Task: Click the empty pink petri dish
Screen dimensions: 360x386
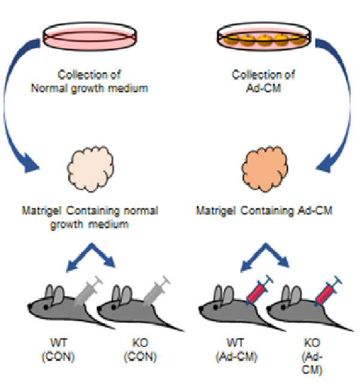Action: tap(90, 37)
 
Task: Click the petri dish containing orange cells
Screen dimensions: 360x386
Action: tap(264, 37)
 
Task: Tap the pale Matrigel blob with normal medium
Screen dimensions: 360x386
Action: tap(90, 169)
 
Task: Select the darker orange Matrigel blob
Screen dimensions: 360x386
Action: tap(265, 169)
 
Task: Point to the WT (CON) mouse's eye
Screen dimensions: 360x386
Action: tap(46, 307)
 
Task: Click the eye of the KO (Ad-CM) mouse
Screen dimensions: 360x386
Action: tap(283, 307)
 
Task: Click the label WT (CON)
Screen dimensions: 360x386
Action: tap(58, 350)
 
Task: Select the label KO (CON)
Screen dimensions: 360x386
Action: tap(140, 350)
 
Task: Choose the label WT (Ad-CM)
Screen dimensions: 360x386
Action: tap(236, 350)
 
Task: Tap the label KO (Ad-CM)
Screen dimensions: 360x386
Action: tap(312, 357)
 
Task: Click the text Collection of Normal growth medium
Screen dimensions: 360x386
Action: tap(90, 81)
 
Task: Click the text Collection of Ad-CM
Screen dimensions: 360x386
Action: tap(264, 81)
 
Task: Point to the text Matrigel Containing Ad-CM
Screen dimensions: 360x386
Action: tap(264, 211)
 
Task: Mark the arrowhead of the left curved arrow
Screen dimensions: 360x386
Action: tap(31, 164)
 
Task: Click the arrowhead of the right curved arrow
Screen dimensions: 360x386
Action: tap(325, 163)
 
